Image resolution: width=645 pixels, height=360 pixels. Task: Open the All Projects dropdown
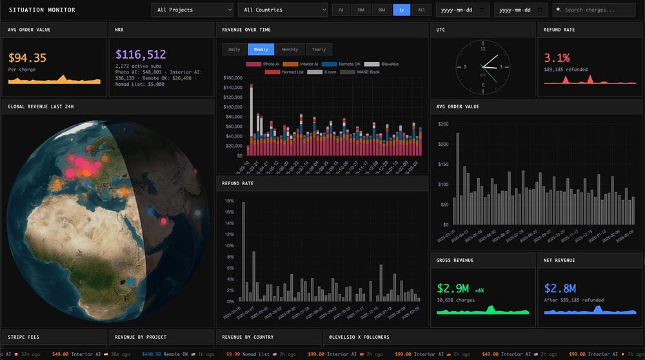tap(192, 10)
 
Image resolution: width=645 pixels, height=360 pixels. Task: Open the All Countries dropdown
tap(283, 10)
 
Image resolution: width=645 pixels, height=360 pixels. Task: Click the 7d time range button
tap(341, 10)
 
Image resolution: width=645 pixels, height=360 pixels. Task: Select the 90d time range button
tap(381, 10)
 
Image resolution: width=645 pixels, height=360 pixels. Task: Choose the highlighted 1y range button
tap(401, 10)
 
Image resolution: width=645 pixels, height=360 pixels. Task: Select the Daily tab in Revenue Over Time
tap(233, 49)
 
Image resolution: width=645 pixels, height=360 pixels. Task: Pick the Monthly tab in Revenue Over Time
tap(290, 49)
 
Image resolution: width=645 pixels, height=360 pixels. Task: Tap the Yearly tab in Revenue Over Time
tap(319, 49)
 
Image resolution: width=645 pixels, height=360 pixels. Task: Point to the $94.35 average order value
tap(27, 58)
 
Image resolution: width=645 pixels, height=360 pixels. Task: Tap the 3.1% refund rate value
tap(557, 58)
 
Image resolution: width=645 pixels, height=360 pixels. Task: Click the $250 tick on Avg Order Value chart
tap(442, 124)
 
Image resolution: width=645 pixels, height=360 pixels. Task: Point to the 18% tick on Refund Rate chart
tap(230, 201)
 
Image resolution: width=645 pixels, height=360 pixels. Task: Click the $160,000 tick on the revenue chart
tap(232, 79)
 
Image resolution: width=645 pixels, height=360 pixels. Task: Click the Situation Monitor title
tap(42, 10)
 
